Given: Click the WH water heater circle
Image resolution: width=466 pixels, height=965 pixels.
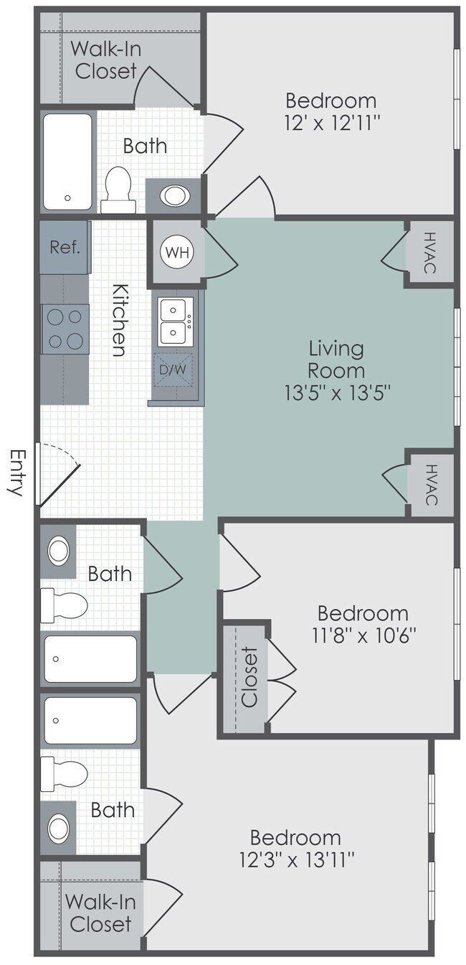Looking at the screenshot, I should coord(176,252).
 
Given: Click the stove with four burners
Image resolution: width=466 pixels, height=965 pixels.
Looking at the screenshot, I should coord(65,329).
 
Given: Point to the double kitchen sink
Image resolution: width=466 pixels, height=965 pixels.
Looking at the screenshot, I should coord(174,322).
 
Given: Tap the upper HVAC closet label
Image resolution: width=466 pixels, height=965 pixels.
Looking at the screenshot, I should coord(429,252).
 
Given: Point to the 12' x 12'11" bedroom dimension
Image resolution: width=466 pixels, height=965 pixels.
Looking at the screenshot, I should coord(331,121).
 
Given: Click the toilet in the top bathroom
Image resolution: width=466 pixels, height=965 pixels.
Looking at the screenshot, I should coord(118,188).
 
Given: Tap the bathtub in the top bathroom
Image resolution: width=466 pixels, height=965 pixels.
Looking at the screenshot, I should coord(68,162).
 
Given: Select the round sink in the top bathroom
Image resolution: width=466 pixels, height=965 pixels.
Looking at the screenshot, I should coord(173,195).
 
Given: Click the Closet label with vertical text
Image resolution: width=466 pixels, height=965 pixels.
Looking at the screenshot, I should coord(248,677).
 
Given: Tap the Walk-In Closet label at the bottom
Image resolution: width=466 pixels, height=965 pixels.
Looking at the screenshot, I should coord(100,912).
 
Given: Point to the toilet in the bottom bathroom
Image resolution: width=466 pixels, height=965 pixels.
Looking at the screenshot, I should coord(65,773).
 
